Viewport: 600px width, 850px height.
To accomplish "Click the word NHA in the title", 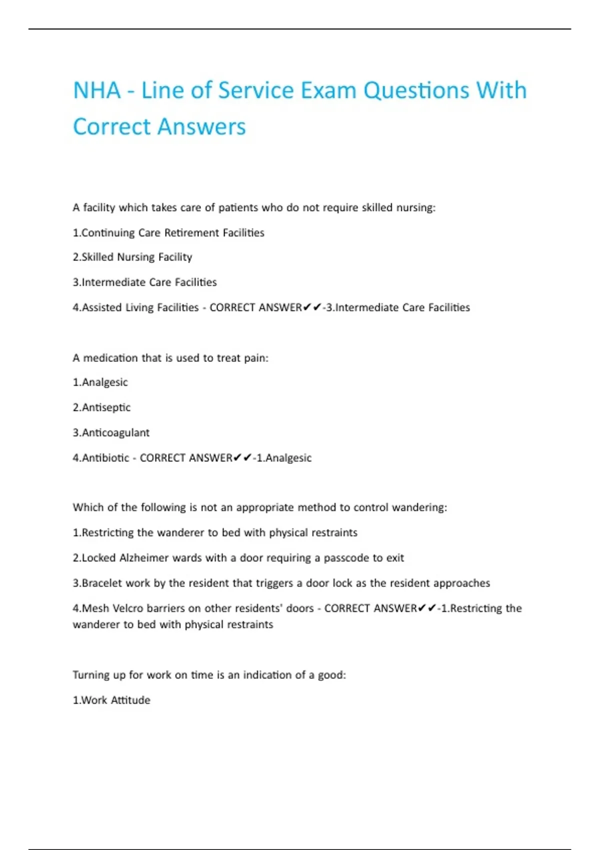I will (97, 90).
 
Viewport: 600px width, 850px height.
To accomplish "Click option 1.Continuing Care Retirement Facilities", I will (168, 232).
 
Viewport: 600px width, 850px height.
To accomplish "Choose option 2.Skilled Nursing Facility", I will (132, 257).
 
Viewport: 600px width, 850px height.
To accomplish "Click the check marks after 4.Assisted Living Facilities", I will (312, 307).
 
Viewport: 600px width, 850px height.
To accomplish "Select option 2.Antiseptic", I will (101, 407).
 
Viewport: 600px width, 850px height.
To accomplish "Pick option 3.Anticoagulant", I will (111, 432).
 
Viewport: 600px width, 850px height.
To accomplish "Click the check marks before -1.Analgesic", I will (242, 457).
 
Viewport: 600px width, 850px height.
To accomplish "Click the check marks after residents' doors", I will (427, 608).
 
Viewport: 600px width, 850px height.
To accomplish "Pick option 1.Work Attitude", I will (111, 700).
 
